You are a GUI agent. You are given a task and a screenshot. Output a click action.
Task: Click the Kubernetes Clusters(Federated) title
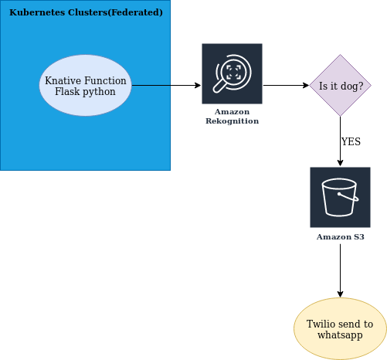coord(86,12)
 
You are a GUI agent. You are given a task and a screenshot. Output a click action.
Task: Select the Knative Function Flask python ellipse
coord(85,85)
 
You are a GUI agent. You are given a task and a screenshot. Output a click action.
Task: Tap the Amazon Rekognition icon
coord(232,73)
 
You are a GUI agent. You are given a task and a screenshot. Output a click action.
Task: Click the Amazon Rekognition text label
coord(232,117)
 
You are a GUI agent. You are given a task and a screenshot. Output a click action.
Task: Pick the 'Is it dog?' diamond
coord(340,85)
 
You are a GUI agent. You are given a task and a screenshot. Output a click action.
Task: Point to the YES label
coord(351,141)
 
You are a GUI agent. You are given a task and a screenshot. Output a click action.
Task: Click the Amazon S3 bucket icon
coord(340,197)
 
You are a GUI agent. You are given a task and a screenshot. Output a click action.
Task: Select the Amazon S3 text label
coord(340,237)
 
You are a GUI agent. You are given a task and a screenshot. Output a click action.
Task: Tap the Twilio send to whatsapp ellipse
coord(340,329)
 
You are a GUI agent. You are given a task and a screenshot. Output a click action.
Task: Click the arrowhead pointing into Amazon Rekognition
coord(199,85)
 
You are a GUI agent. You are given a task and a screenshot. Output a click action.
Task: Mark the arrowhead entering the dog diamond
coord(307,85)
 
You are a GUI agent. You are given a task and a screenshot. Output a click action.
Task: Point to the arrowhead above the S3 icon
coord(340,163)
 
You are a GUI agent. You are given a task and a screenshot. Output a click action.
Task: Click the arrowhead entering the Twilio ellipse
coord(340,294)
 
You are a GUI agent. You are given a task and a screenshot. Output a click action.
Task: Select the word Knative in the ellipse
coord(63,80)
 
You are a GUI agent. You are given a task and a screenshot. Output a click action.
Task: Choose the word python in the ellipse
coord(99,92)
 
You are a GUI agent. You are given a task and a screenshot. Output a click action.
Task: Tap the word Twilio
coord(321,324)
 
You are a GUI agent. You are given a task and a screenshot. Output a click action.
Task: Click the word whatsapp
coord(340,335)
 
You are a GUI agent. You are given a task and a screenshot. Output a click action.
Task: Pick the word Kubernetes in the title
coord(37,12)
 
